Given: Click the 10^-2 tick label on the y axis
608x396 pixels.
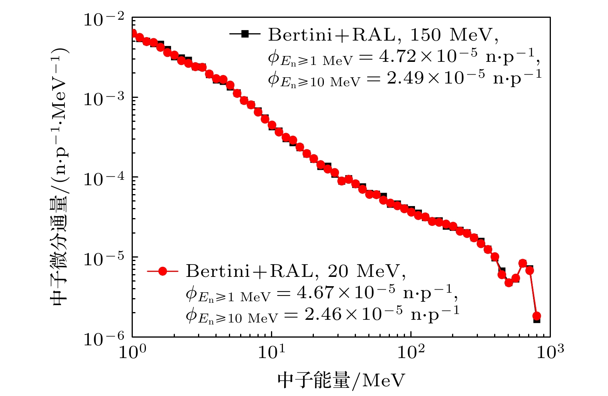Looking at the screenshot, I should point(104,19).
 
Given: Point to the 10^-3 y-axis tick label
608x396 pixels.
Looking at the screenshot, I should point(104,99).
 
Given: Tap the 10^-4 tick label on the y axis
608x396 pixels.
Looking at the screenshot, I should point(104,179).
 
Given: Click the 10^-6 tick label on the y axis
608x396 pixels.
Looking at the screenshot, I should point(104,339).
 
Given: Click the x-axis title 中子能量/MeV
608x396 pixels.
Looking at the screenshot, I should point(341,381).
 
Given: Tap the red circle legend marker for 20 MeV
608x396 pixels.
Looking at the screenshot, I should point(163,271).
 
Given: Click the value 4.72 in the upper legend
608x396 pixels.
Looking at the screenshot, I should point(397,57).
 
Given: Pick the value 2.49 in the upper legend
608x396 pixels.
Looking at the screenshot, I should point(405,79).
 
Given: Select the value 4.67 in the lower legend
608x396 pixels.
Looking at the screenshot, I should point(315,293).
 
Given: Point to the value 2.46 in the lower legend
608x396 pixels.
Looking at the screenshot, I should point(323,315).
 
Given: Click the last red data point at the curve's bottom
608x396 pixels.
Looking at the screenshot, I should point(537,316).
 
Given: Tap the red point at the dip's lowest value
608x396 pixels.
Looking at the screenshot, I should point(509,283).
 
